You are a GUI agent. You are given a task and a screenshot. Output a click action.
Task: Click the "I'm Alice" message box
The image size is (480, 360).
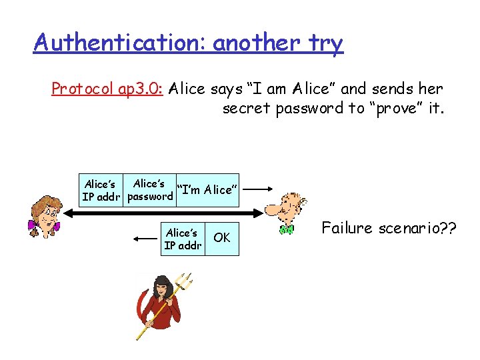coord(206,190)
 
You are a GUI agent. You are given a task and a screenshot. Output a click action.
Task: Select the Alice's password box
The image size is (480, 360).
coord(149,190)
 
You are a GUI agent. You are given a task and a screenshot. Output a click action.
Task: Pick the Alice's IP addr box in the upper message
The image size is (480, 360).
coord(101,190)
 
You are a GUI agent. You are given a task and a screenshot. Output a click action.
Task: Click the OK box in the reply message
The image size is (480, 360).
coord(221,238)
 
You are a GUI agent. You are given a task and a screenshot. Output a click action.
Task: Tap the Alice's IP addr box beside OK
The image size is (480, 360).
coord(182,239)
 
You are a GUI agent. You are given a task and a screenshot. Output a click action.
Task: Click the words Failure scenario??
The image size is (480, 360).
coord(389,228)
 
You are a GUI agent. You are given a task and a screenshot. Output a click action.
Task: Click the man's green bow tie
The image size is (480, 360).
coord(286,230)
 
